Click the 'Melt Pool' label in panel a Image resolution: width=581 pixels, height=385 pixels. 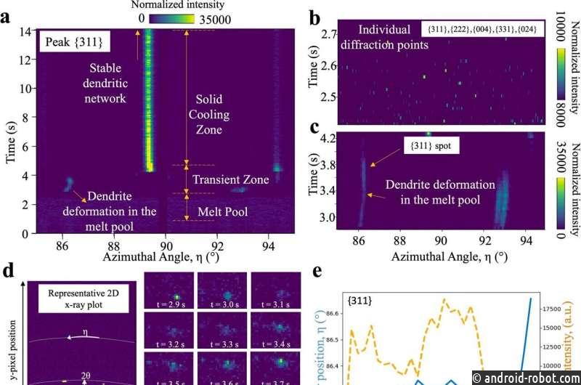click(x=224, y=214)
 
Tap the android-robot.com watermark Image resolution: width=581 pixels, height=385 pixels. click(x=524, y=377)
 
